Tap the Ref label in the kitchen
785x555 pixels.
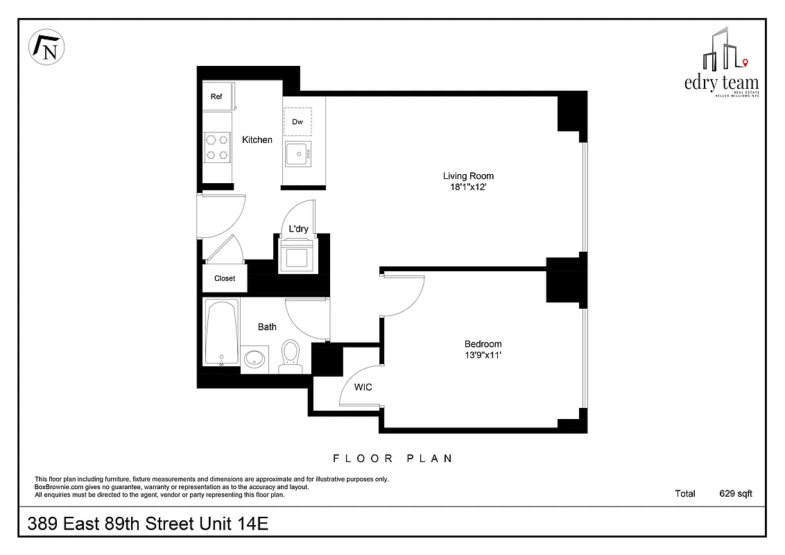point(216,97)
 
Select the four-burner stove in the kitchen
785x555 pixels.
point(217,146)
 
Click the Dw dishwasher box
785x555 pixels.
point(297,122)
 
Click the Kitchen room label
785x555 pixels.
point(257,140)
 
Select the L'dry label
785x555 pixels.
point(298,230)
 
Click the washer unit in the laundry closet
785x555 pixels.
point(297,257)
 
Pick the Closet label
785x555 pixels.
point(225,278)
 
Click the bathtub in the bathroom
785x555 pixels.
point(222,332)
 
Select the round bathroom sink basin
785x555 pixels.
point(255,359)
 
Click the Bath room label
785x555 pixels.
point(267,327)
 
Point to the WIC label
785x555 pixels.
point(363,387)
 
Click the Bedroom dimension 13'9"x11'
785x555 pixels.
point(483,355)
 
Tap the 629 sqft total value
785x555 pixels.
point(735,494)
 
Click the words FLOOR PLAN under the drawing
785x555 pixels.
point(392,459)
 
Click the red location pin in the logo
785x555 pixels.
point(745,63)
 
